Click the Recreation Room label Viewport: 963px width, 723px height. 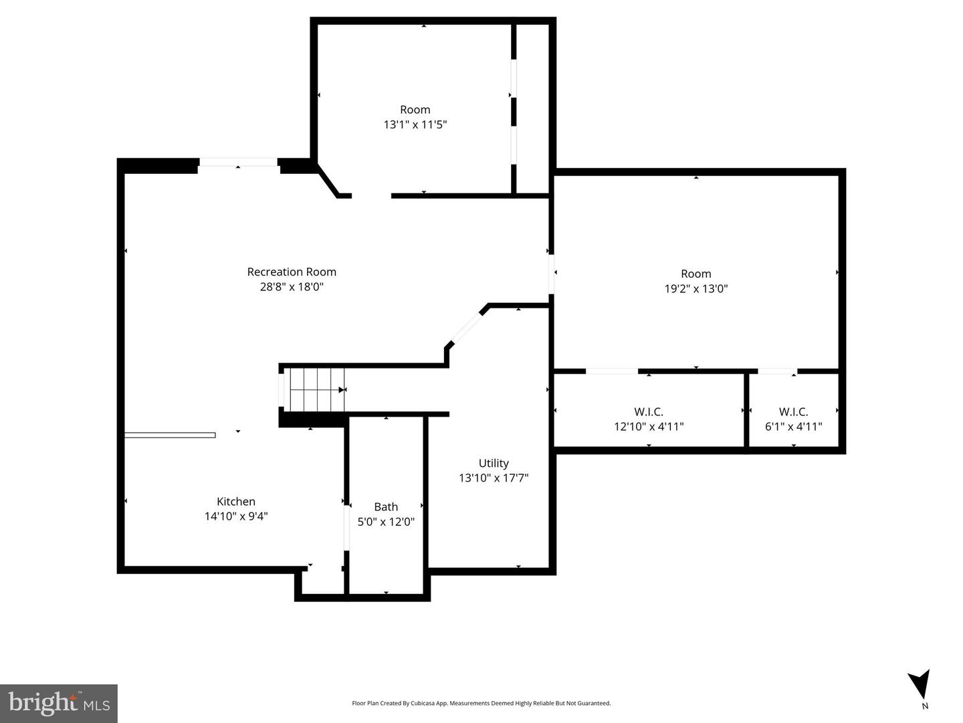coord(292,272)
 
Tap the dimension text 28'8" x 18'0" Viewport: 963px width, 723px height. coord(292,287)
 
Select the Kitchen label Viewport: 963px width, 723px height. coord(236,502)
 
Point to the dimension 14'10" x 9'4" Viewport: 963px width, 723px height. coord(236,516)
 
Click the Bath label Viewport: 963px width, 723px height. coord(386,507)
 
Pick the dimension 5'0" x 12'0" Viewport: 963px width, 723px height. coord(386,522)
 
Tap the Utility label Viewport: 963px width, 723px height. coord(494,463)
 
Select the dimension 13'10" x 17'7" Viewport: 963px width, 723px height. coord(494,478)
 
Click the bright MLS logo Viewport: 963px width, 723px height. coord(59,703)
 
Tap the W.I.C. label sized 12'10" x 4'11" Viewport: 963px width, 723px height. coord(649,412)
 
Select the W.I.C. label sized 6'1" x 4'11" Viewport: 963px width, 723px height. coord(793,412)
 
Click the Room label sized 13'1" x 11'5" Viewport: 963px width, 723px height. coord(415,110)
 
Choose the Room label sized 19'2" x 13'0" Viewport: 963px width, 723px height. coord(695,274)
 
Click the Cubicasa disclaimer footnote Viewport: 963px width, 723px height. coord(481,703)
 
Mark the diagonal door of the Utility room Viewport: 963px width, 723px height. coord(467,328)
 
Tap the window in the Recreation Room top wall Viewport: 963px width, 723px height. coord(238,163)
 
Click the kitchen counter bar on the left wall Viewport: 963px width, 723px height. coord(170,435)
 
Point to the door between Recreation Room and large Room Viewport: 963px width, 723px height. coord(552,273)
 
